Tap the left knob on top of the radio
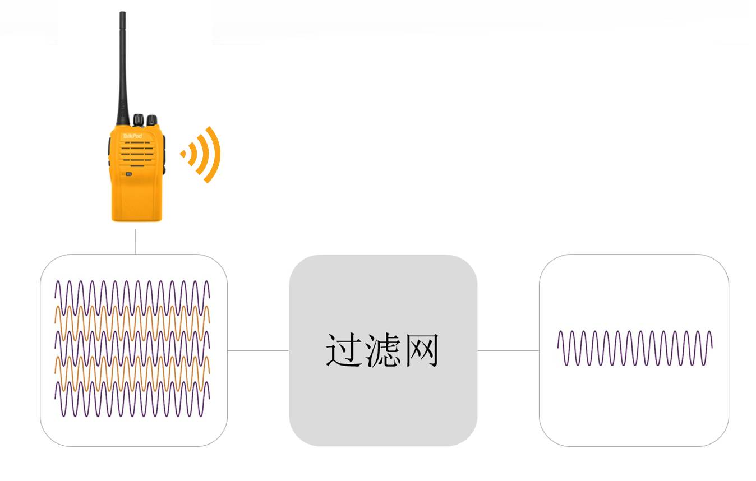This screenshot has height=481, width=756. point(138,119)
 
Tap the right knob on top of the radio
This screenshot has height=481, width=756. point(151,120)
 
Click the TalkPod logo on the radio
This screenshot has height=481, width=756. point(130,135)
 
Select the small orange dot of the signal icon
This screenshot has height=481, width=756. point(183,153)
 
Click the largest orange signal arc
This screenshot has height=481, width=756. point(213,154)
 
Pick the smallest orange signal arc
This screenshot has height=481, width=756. point(191,154)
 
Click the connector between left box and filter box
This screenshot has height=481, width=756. point(258,350)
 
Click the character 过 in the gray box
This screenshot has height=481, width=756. point(343,351)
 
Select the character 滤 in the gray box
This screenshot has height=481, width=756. point(382,351)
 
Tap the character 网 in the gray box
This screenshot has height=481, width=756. point(421,351)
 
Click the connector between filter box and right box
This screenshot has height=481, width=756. point(508,350)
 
